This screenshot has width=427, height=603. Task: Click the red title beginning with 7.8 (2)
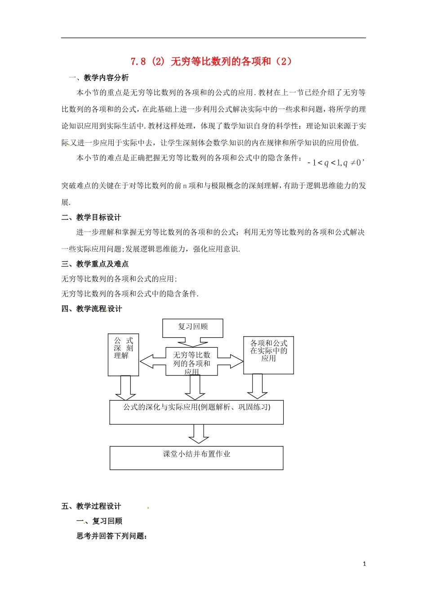211,61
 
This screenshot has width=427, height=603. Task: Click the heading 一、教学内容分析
98,78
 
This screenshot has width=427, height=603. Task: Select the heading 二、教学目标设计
91,217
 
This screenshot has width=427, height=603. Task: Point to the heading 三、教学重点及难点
95,264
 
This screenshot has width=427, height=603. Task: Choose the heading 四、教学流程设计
92,309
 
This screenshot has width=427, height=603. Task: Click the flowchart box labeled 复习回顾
193,327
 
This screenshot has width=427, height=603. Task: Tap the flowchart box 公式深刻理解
123,354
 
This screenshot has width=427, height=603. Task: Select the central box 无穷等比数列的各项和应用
192,361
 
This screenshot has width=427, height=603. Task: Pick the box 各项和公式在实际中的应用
268,355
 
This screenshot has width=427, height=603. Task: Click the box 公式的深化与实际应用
196,412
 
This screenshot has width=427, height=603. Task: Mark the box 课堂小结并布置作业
196,458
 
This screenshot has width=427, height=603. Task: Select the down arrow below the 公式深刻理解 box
125,388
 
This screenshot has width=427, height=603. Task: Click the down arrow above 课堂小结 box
198,434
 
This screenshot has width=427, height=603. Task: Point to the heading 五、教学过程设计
91,506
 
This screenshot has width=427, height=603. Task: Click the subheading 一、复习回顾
99,521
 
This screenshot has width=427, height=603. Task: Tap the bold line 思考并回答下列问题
112,536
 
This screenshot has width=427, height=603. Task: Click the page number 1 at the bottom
365,564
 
